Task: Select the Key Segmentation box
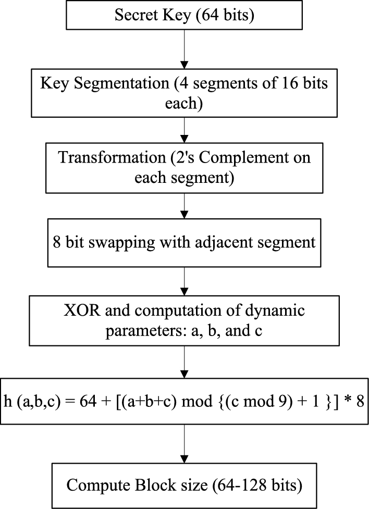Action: click(185, 92)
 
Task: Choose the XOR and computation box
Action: click(185, 321)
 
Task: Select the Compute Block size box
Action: click(185, 485)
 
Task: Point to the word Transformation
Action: click(103, 157)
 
